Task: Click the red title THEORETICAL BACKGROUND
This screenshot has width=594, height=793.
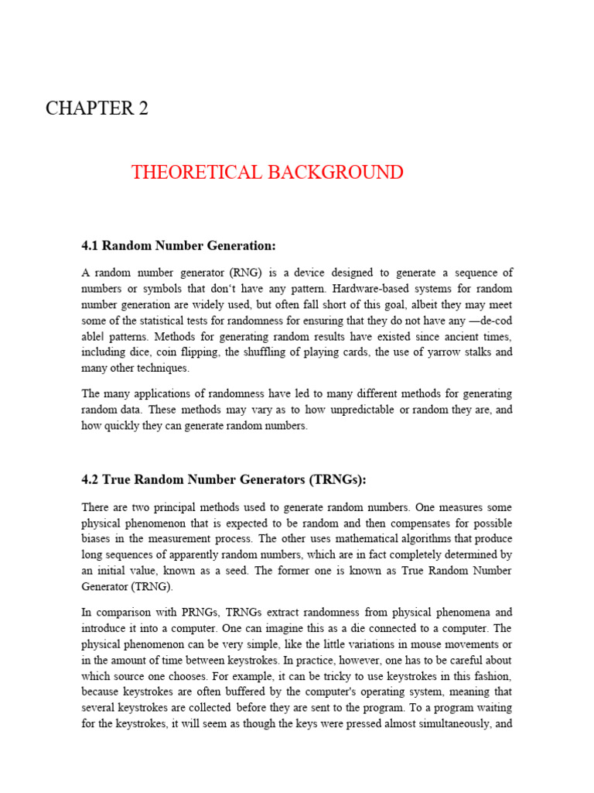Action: (267, 172)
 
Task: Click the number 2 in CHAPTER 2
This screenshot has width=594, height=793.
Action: (142, 109)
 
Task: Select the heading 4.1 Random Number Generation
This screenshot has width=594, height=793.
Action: (178, 245)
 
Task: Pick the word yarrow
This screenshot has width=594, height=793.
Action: (437, 352)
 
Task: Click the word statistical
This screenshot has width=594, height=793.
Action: (179, 321)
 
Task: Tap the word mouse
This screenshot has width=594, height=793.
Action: (417, 644)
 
